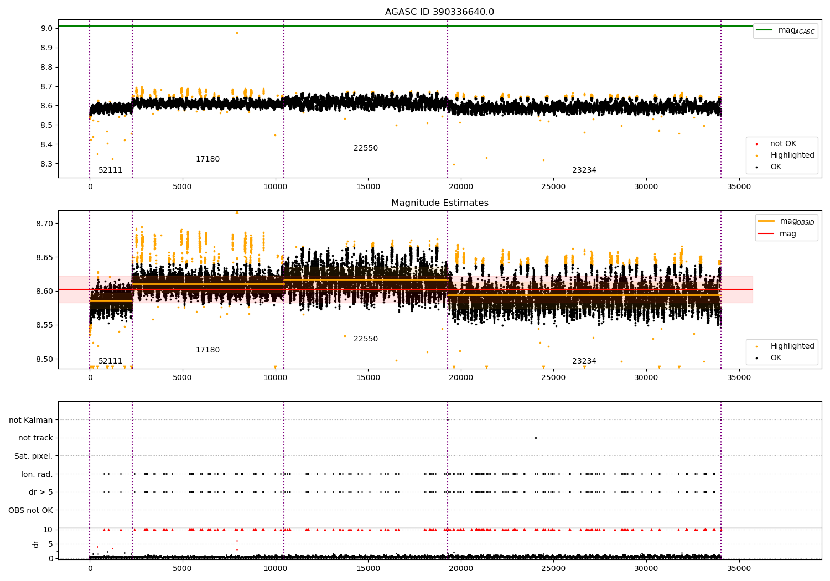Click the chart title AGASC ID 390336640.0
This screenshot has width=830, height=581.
pyautogui.click(x=439, y=12)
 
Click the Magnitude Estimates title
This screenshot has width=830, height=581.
pyautogui.click(x=439, y=203)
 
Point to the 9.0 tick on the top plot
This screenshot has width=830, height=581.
pyautogui.click(x=46, y=28)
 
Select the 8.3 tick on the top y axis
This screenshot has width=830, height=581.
pyautogui.click(x=46, y=164)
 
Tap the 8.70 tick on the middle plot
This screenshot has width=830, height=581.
pyautogui.click(x=44, y=224)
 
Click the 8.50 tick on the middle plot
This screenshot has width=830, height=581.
pyautogui.click(x=44, y=359)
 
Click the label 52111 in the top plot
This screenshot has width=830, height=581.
pyautogui.click(x=110, y=170)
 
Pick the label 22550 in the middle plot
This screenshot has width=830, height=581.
pyautogui.click(x=366, y=339)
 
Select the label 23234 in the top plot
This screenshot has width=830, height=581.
pyautogui.click(x=584, y=170)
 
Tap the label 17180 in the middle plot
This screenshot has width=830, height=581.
pyautogui.click(x=207, y=350)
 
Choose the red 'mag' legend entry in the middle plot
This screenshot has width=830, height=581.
pyautogui.click(x=787, y=234)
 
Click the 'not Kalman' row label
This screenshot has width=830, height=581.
pyautogui.click(x=31, y=420)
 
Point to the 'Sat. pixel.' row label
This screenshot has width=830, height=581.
pyautogui.click(x=33, y=456)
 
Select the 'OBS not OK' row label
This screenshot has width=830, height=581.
pyautogui.click(x=30, y=510)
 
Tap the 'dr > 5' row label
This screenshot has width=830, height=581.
pyautogui.click(x=40, y=492)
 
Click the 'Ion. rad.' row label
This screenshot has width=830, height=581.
pyautogui.click(x=37, y=474)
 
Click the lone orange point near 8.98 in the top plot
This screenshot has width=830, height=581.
pyautogui.click(x=237, y=33)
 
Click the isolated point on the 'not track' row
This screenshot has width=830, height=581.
pyautogui.click(x=536, y=438)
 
